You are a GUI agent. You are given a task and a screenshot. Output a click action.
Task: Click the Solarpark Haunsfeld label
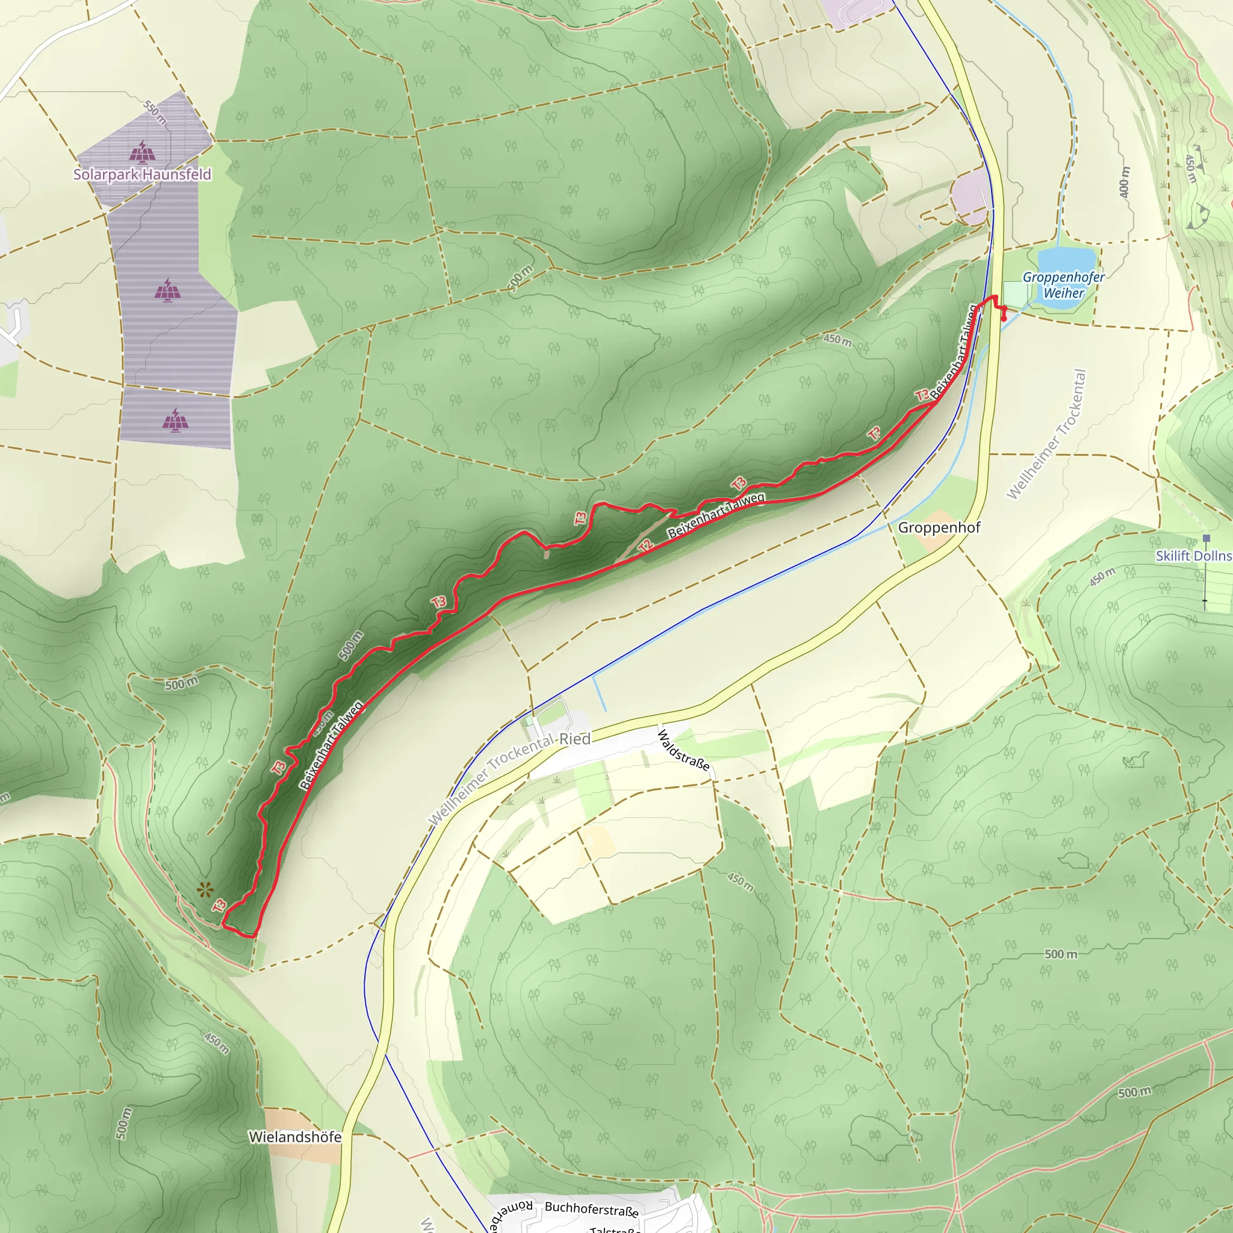[141, 174]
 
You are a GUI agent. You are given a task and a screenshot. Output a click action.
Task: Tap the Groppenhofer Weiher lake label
[1063, 285]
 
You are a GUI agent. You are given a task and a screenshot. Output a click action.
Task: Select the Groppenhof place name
[939, 527]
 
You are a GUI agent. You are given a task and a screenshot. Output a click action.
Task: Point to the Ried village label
[575, 739]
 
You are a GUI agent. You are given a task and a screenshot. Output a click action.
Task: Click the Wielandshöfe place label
[295, 1137]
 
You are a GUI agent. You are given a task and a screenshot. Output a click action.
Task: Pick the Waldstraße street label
[683, 750]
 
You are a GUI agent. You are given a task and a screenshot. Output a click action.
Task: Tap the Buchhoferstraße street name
[591, 1209]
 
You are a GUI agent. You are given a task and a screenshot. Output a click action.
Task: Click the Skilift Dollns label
[1193, 555]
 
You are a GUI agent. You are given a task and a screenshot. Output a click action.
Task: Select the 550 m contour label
[155, 113]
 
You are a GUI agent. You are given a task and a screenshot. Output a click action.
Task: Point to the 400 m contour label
[1124, 182]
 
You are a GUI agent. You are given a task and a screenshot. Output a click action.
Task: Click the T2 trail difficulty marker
[645, 545]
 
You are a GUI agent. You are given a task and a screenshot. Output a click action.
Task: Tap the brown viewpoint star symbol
[204, 890]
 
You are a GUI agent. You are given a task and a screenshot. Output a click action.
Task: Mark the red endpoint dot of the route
[1005, 318]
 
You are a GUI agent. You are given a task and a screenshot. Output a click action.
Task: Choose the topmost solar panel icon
[141, 152]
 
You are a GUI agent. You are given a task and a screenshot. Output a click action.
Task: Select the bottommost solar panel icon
[175, 420]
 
